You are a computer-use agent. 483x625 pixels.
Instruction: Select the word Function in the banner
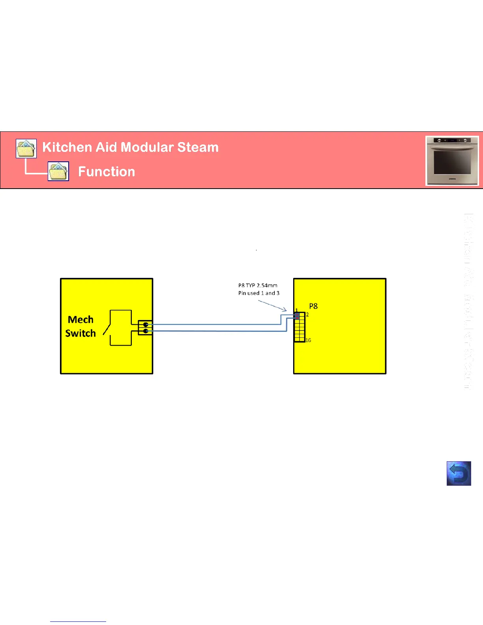107,172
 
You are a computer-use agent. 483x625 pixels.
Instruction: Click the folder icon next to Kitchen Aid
26,149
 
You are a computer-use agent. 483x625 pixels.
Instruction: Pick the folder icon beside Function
58,171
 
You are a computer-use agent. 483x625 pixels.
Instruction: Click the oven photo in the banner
452,161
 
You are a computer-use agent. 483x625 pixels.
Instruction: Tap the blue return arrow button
459,473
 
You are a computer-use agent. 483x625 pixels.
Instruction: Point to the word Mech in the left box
80,320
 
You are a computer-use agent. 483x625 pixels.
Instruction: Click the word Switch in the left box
80,333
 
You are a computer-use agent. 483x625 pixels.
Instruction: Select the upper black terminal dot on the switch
146,325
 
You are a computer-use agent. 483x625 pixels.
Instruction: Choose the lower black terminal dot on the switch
146,331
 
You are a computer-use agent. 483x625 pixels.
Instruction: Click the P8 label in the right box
313,306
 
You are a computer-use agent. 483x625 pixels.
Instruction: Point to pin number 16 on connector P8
308,340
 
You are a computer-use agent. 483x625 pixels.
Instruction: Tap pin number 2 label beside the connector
307,315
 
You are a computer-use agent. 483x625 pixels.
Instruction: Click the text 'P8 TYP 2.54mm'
258,285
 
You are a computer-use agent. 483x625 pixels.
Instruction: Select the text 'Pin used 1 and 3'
259,293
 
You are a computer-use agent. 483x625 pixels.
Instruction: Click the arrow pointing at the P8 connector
272,305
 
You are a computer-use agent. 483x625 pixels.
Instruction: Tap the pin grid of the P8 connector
300,327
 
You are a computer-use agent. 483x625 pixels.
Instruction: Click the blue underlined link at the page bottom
78,621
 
